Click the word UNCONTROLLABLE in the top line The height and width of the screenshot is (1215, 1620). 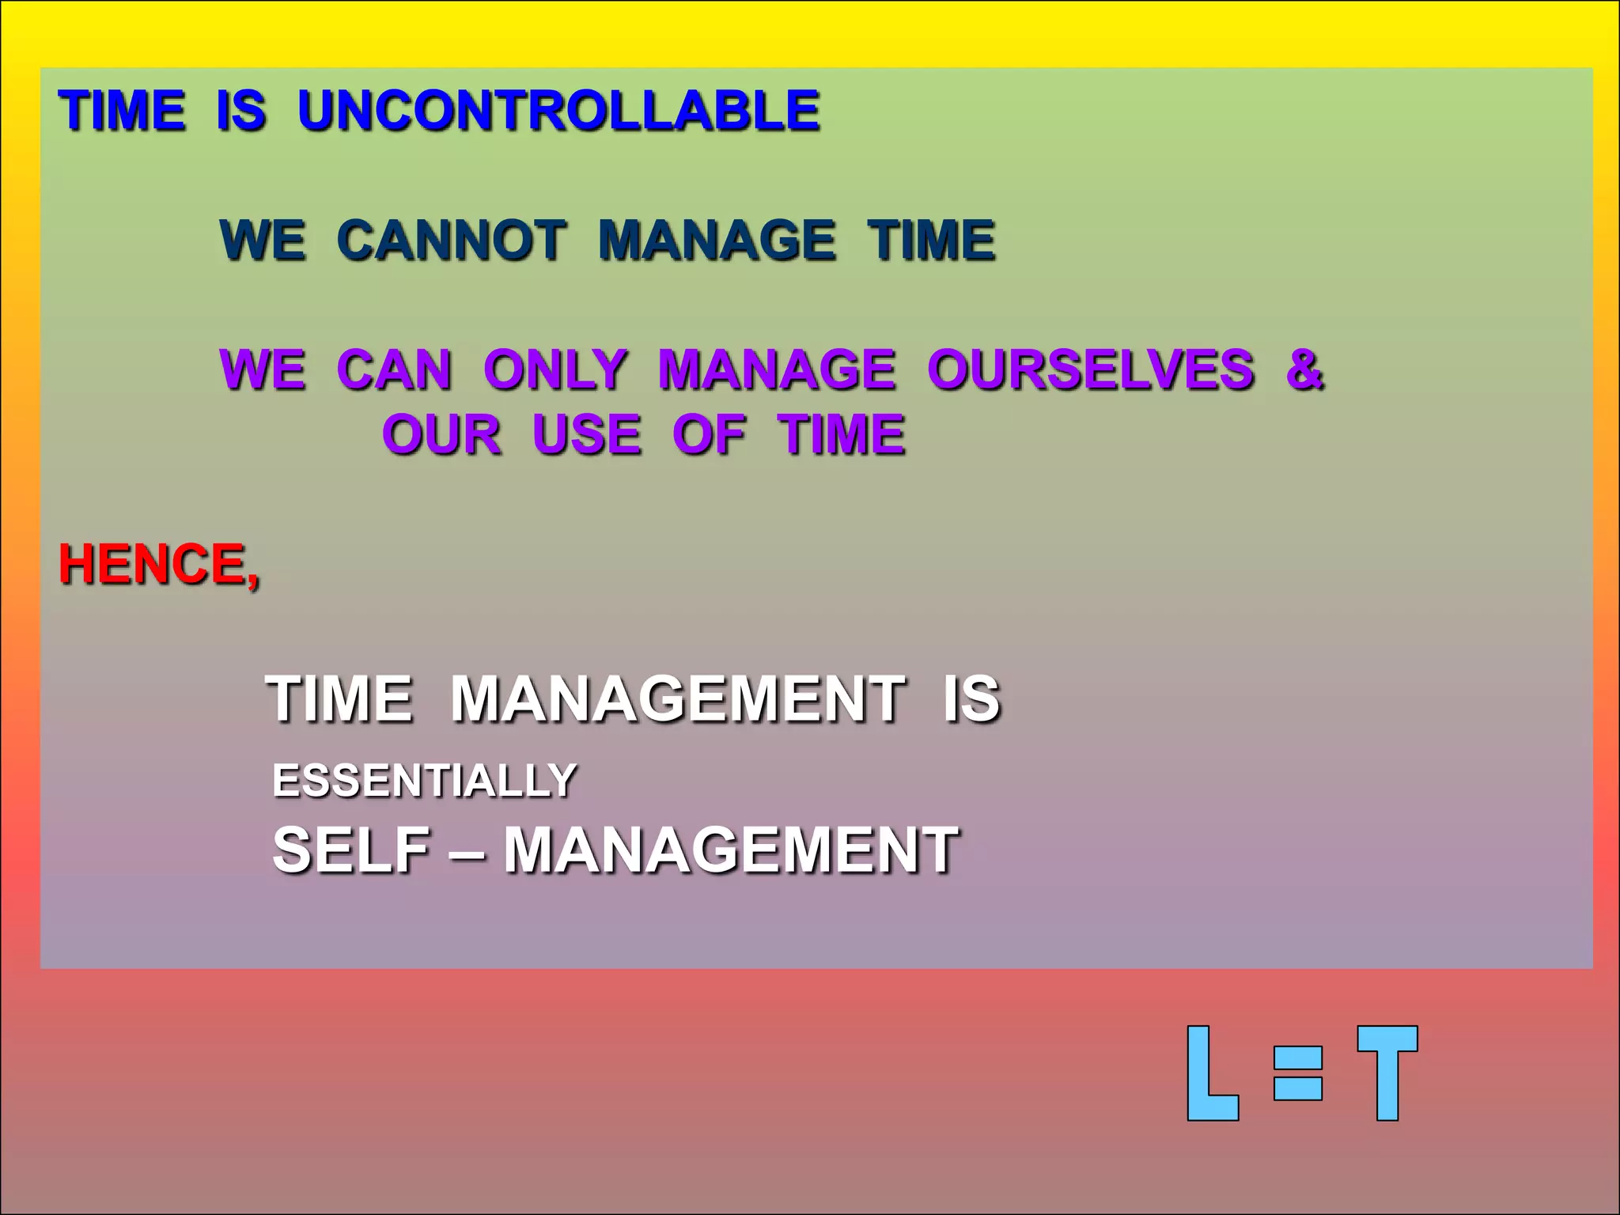click(x=558, y=110)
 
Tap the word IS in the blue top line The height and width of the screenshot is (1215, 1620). click(x=240, y=110)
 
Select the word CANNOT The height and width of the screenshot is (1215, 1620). click(x=451, y=240)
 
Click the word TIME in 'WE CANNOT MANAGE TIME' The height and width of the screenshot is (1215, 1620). click(x=931, y=240)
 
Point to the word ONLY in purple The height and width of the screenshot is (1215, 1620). click(x=555, y=369)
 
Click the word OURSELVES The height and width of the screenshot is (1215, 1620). click(x=1090, y=369)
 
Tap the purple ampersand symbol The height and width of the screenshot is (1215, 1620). click(x=1304, y=369)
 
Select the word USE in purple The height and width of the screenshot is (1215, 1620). click(x=586, y=434)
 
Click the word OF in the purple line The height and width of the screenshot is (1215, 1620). click(x=708, y=434)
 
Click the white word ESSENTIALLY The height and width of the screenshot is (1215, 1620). click(x=424, y=781)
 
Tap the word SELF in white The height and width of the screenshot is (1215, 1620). click(x=351, y=850)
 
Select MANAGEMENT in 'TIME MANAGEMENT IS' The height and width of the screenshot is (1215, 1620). click(x=677, y=699)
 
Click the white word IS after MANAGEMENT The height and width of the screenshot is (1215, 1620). click(x=971, y=699)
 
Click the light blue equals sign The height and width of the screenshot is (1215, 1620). click(x=1297, y=1073)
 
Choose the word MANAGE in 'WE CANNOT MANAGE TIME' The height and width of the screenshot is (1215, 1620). click(x=716, y=240)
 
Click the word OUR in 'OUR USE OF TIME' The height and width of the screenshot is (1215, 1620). click(x=441, y=434)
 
